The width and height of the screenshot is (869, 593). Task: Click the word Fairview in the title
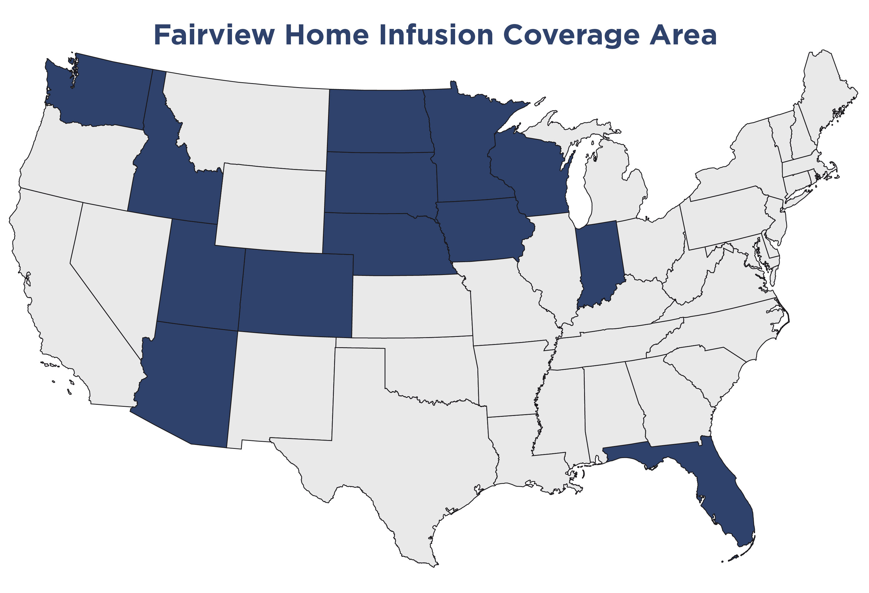[x=214, y=35]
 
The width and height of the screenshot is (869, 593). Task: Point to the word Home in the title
[x=326, y=35]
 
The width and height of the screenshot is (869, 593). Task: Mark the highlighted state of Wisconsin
[x=531, y=176]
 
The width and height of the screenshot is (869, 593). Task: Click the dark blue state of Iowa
[x=482, y=232]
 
